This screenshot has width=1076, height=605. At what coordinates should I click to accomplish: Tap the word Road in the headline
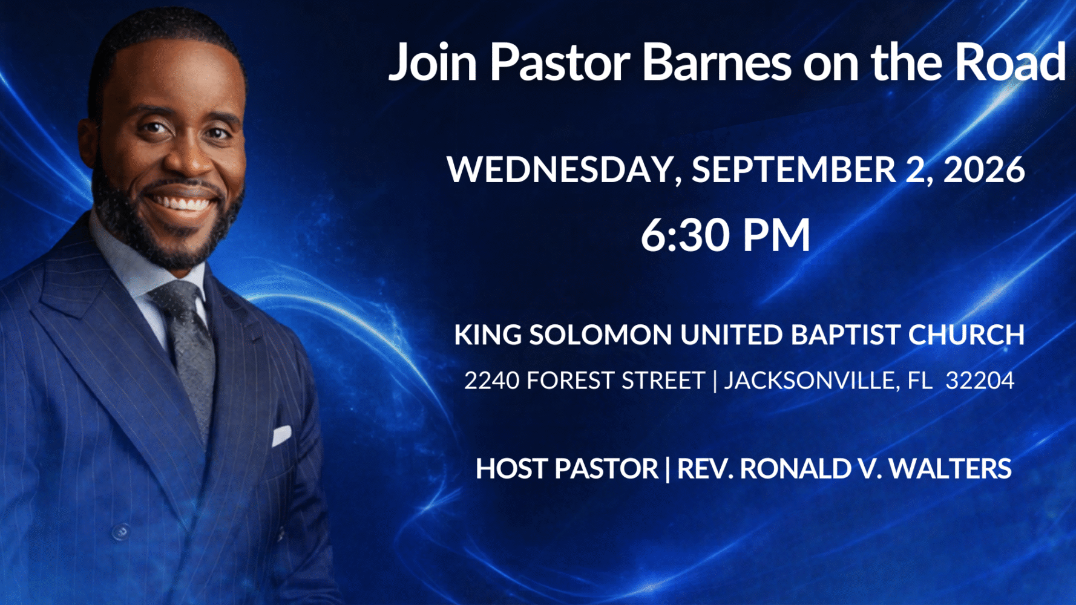click(1010, 62)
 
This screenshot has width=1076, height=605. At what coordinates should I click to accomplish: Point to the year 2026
click(984, 169)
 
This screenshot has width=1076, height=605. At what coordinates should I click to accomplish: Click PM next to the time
click(776, 235)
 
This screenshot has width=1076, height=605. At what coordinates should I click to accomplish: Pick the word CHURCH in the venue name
click(966, 335)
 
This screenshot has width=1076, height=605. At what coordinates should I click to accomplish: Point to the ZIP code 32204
click(980, 381)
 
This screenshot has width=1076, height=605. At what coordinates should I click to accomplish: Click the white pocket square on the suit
click(281, 435)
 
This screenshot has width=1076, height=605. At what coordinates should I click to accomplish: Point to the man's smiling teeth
click(182, 203)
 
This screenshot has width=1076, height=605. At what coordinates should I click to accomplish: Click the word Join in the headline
click(433, 63)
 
